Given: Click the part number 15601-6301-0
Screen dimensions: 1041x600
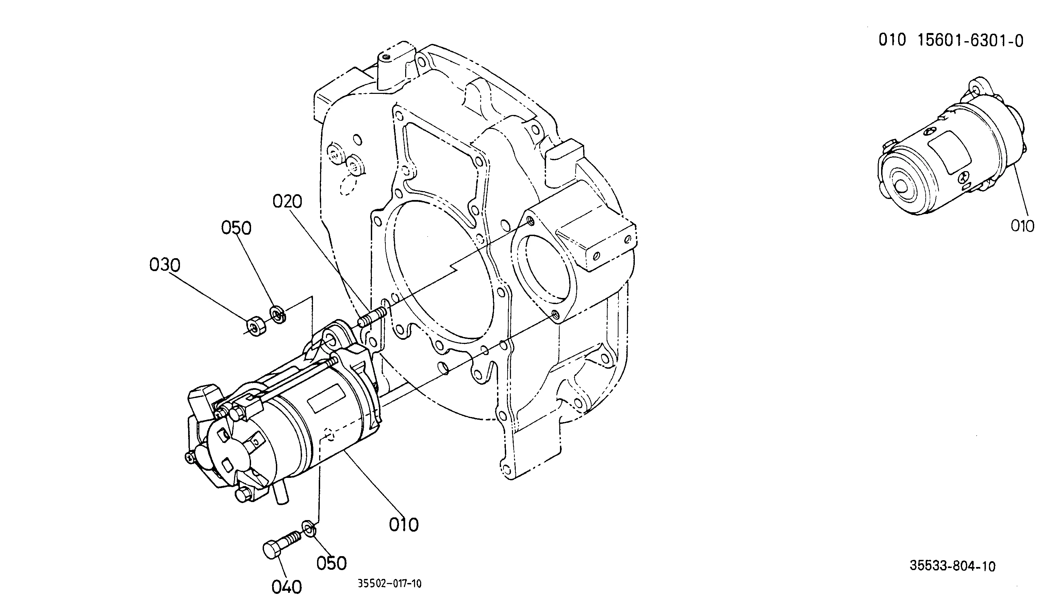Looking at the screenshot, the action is [x=971, y=41].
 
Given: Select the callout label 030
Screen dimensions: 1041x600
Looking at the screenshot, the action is [x=165, y=265].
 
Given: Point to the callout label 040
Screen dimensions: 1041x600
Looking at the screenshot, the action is [x=287, y=587].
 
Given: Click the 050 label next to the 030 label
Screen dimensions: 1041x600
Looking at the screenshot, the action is [x=236, y=228].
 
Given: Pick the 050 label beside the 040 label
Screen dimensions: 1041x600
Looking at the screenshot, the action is [x=331, y=563].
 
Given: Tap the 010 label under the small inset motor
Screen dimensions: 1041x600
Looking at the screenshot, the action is [x=1022, y=226].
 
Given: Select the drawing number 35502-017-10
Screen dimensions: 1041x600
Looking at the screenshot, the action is [x=390, y=584].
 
